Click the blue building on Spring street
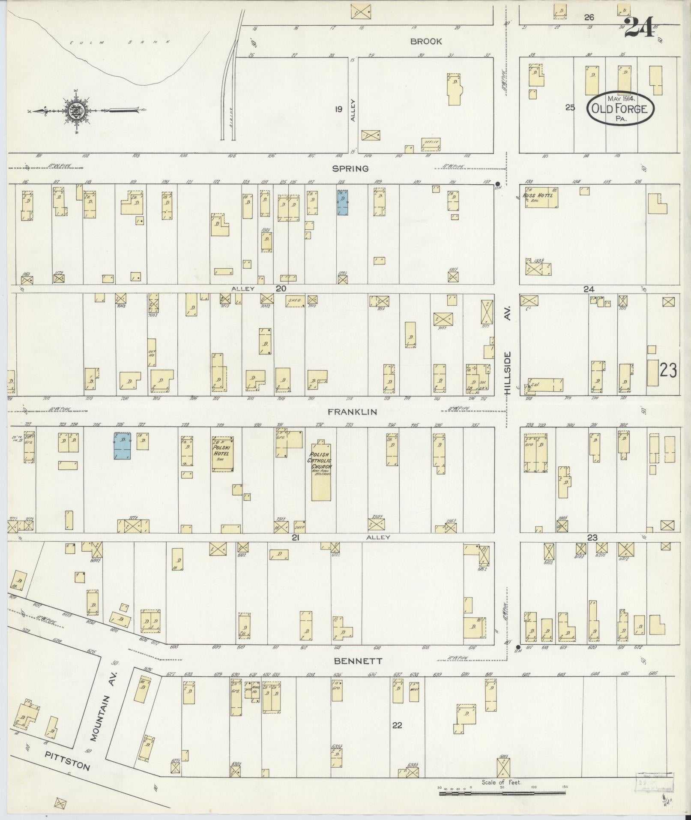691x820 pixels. click(x=342, y=202)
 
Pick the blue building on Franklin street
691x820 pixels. click(x=123, y=446)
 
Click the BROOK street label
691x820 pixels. click(x=426, y=42)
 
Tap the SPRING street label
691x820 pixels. click(x=351, y=168)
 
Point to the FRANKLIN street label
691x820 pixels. click(x=352, y=412)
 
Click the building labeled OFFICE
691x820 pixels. click(x=430, y=144)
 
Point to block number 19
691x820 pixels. click(x=338, y=109)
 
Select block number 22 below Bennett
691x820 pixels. click(x=397, y=725)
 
